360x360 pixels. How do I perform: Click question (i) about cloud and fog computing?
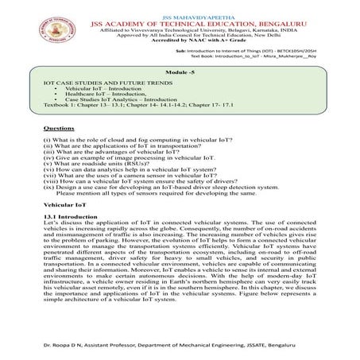126,140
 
